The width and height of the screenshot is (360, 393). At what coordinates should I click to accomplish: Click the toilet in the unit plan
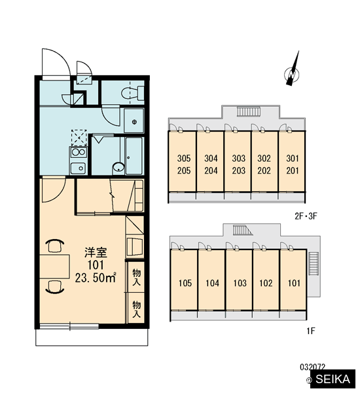pyautogui.click(x=133, y=93)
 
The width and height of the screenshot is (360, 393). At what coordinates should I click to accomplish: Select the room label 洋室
pyautogui.click(x=96, y=252)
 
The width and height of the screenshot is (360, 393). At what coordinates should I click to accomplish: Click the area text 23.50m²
pyautogui.click(x=96, y=278)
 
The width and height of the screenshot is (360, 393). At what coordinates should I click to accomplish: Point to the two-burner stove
pyautogui.click(x=79, y=152)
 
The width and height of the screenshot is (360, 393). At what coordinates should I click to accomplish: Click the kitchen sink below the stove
pyautogui.click(x=78, y=168)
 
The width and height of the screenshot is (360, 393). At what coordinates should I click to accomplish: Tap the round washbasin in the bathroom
pyautogui.click(x=118, y=167)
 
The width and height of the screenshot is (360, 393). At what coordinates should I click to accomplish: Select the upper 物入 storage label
pyautogui.click(x=136, y=277)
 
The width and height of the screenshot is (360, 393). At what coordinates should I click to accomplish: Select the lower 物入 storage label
pyautogui.click(x=136, y=309)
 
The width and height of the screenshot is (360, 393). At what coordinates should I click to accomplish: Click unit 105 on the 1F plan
pyautogui.click(x=185, y=283)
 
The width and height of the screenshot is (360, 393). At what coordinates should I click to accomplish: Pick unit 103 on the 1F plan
pyautogui.click(x=240, y=283)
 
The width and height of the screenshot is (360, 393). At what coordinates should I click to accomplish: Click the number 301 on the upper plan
pyautogui.click(x=293, y=159)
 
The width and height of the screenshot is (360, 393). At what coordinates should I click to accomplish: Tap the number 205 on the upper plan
pyautogui.click(x=184, y=171)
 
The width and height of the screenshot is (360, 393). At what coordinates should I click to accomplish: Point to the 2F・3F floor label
pyautogui.click(x=306, y=216)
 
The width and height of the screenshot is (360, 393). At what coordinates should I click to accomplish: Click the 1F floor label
pyautogui.click(x=311, y=331)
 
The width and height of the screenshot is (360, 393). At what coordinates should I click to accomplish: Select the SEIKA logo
pyautogui.click(x=333, y=379)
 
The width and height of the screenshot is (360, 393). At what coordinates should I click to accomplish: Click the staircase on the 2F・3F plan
pyautogui.click(x=248, y=111)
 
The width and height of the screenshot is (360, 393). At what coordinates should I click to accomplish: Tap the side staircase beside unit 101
pyautogui.click(x=313, y=264)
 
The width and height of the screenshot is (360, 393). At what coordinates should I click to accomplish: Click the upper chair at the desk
pyautogui.click(x=55, y=246)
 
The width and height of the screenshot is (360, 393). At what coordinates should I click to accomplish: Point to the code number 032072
pyautogui.click(x=312, y=367)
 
